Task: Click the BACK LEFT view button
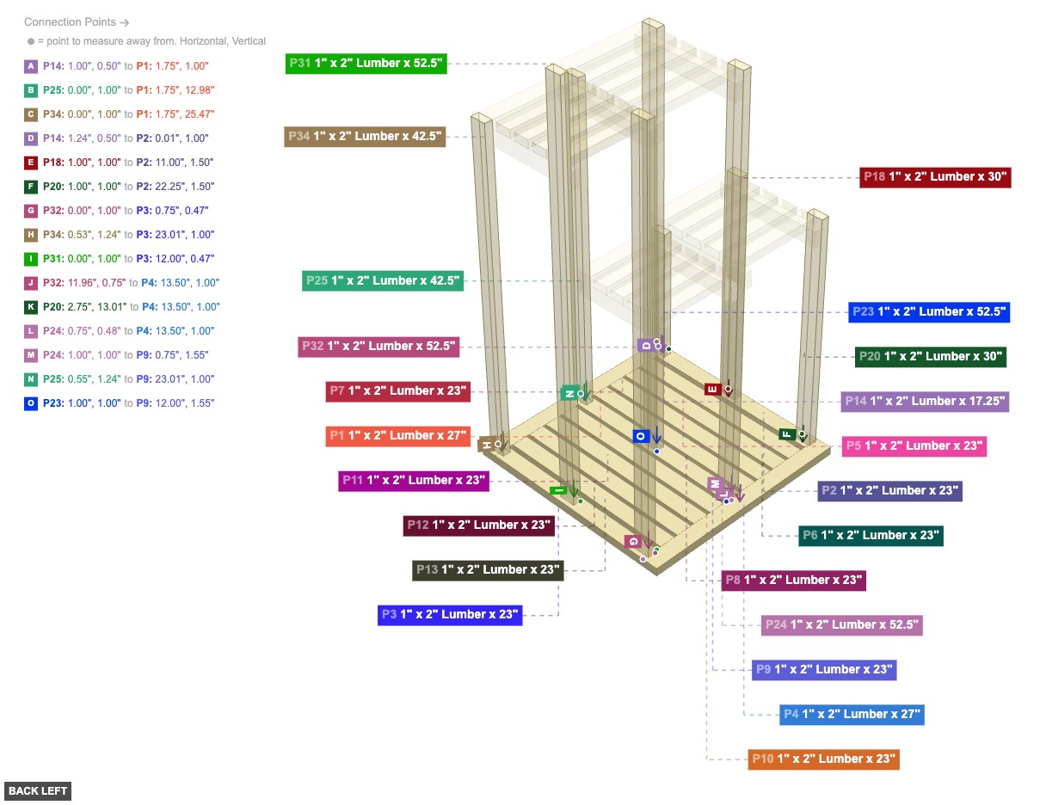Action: tap(37, 791)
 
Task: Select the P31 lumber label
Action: tap(366, 64)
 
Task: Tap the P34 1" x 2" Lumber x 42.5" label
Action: tap(365, 136)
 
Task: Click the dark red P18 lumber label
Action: tap(935, 177)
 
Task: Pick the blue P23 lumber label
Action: tap(929, 311)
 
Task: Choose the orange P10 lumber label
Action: tap(823, 759)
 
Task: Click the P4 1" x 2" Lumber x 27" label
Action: tap(852, 714)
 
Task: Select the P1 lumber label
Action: tap(398, 435)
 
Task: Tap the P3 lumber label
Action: tap(450, 614)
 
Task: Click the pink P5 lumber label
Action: tap(914, 446)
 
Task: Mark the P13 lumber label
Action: tap(488, 569)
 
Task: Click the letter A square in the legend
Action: tap(32, 66)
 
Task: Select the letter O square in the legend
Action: tap(32, 403)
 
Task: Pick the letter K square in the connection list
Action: tap(32, 307)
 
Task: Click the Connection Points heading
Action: tap(77, 22)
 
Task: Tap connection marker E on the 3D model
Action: tap(712, 389)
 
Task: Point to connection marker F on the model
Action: tap(786, 434)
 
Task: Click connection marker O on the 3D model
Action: tap(640, 436)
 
